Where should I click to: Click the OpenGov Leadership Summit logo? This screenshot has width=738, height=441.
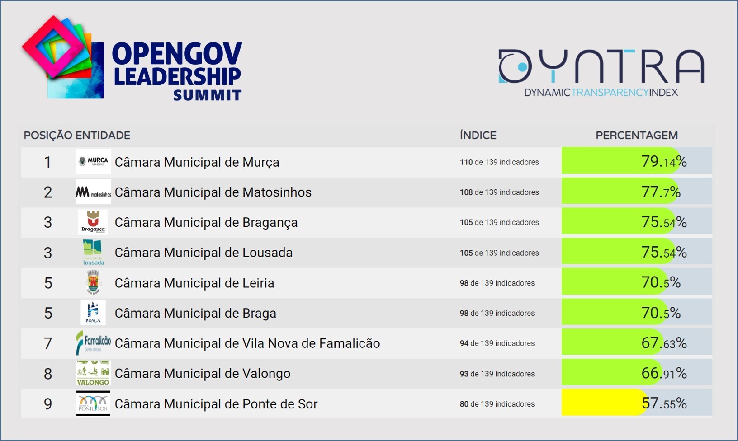tap(132, 59)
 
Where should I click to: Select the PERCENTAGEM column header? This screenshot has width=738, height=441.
tap(636, 135)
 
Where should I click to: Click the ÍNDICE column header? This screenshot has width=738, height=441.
tap(478, 135)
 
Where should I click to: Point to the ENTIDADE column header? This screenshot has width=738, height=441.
tap(103, 135)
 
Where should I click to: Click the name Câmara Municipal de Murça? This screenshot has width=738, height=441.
tap(197, 162)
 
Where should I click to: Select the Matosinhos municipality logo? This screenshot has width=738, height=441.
tap(93, 192)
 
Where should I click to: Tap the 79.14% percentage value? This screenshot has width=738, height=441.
tap(664, 161)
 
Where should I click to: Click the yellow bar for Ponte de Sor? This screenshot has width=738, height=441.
tap(601, 403)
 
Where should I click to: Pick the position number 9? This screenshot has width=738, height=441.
tap(48, 404)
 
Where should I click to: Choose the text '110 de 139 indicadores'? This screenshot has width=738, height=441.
tap(499, 162)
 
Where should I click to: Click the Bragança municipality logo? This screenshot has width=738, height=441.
tap(93, 222)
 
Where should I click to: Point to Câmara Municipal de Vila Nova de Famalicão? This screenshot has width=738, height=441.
tap(247, 343)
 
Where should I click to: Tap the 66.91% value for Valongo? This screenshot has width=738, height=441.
tap(664, 373)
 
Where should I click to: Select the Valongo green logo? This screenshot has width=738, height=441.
tap(93, 373)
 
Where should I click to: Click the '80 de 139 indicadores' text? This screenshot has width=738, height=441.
tap(497, 404)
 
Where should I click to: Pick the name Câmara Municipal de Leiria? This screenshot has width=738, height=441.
tap(194, 283)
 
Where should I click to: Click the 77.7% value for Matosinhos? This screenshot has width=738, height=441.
tap(661, 192)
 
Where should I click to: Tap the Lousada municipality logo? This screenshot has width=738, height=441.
tap(93, 253)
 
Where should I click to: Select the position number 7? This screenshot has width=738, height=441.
tap(48, 343)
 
